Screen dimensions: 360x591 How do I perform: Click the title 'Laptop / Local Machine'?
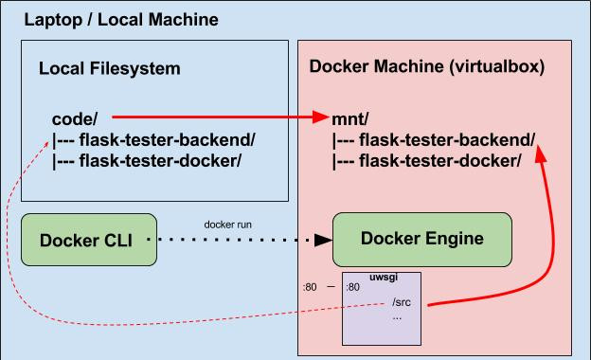pyautogui.click(x=120, y=19)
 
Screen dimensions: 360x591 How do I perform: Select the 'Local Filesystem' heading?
pyautogui.click(x=109, y=69)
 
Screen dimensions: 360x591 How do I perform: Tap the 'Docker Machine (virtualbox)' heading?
pyautogui.click(x=427, y=68)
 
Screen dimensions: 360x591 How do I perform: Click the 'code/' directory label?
pyautogui.click(x=75, y=119)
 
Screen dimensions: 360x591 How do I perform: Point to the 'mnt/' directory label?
pyautogui.click(x=351, y=120)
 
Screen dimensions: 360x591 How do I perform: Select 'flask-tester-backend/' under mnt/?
pyautogui.click(x=434, y=141)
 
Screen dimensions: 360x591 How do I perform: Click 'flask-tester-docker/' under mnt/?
pyautogui.click(x=426, y=161)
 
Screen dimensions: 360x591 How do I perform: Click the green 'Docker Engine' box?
pyautogui.click(x=421, y=238)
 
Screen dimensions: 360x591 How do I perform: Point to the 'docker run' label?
pyautogui.click(x=226, y=225)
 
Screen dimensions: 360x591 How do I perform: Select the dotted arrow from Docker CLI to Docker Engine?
pyautogui.click(x=237, y=240)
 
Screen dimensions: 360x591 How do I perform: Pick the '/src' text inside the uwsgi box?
pyautogui.click(x=401, y=303)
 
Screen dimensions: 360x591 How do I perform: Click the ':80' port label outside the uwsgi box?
pyautogui.click(x=309, y=287)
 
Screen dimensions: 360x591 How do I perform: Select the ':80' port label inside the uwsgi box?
pyautogui.click(x=352, y=287)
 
